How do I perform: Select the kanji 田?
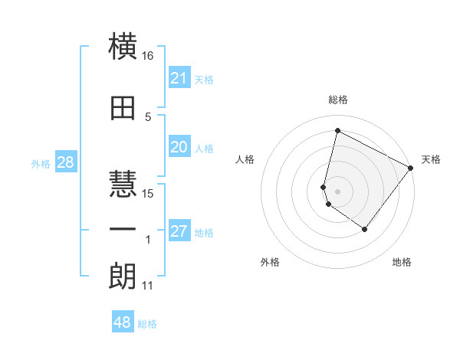pyautogui.click(x=123, y=107)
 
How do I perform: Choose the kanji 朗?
pyautogui.click(x=123, y=276)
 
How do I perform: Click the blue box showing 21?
pyautogui.click(x=179, y=78)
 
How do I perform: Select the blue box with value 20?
pyautogui.click(x=179, y=147)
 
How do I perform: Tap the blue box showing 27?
pyautogui.click(x=179, y=231)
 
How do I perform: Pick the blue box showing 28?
pyautogui.click(x=65, y=162)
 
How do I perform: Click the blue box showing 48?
pyautogui.click(x=123, y=322)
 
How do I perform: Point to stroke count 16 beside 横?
pyautogui.click(x=148, y=56)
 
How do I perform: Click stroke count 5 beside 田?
pyautogui.click(x=148, y=116)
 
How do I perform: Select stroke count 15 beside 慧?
pyautogui.click(x=148, y=193)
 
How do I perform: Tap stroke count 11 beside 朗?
pyautogui.click(x=148, y=286)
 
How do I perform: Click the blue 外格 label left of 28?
pyautogui.click(x=41, y=163)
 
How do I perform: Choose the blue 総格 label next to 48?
pyautogui.click(x=147, y=324)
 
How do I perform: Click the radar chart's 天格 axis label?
pyautogui.click(x=431, y=159)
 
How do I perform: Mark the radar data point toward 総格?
pyautogui.click(x=337, y=131)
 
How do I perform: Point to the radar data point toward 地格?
pyautogui.click(x=365, y=229)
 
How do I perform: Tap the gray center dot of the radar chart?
pyautogui.click(x=337, y=191)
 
